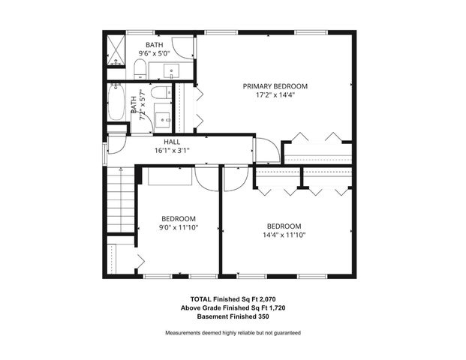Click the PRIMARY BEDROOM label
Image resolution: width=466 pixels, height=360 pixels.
pos(275,86)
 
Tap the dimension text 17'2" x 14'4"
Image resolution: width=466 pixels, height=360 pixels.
pos(275,96)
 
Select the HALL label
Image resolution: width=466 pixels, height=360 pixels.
pos(172,141)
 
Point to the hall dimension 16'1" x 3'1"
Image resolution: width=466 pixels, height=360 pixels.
pos(172,150)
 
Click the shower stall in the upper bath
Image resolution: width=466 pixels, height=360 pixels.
pos(115,49)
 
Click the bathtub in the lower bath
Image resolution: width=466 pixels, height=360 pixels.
pos(116,103)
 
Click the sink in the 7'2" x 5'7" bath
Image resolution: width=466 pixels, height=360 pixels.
pos(163,119)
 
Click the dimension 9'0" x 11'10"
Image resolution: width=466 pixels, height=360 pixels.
pos(179,228)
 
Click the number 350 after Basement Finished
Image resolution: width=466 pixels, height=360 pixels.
pos(260,316)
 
